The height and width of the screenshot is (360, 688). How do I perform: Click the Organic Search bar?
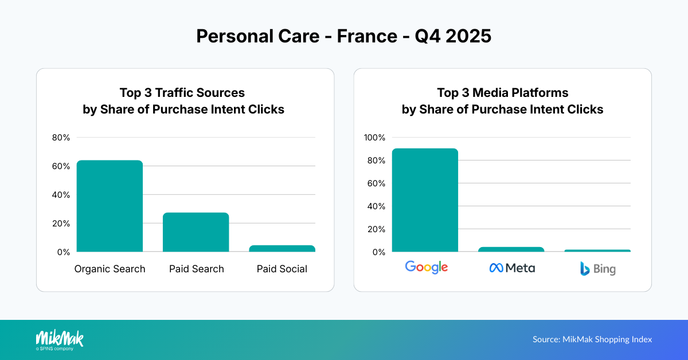(110, 206)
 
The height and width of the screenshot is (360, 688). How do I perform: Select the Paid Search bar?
(196, 232)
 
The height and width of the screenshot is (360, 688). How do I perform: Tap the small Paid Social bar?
(282, 249)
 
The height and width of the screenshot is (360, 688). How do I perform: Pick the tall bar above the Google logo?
(425, 200)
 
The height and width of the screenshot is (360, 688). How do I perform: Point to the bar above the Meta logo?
(511, 249)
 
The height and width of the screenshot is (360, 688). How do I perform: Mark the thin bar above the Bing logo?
(597, 251)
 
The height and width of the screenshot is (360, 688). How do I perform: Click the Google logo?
(426, 267)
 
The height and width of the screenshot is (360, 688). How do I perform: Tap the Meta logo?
(512, 268)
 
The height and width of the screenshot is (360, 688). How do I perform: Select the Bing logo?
(597, 268)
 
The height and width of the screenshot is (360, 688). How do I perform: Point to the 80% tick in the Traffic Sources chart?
(61, 138)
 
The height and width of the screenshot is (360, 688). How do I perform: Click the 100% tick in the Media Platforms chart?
(375, 138)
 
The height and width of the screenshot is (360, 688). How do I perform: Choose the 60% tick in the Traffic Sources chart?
(61, 166)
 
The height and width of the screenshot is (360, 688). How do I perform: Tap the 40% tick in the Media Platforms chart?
(377, 206)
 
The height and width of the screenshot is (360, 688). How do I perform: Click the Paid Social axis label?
(282, 269)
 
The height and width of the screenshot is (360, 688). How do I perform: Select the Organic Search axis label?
(110, 269)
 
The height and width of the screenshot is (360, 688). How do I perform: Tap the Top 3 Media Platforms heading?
(502, 93)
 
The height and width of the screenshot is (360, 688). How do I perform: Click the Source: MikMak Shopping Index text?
(592, 339)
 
